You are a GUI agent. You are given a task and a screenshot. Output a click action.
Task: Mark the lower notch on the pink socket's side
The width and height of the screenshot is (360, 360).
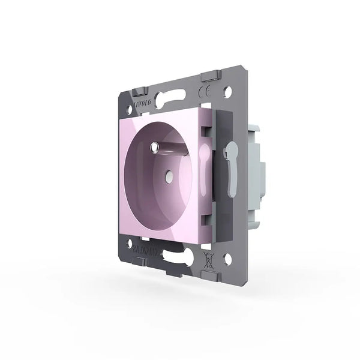208,205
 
